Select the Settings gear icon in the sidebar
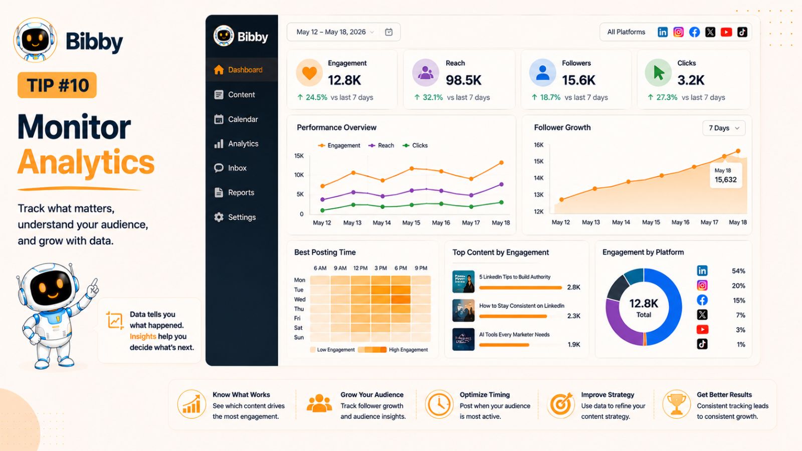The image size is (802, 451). (219, 217)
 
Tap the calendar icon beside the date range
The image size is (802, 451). (388, 32)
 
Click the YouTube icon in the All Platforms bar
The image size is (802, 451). (726, 32)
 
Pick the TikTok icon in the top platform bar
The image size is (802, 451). (742, 32)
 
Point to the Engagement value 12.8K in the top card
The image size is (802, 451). (344, 80)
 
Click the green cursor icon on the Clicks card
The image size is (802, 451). (659, 73)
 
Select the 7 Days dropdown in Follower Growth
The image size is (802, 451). (724, 128)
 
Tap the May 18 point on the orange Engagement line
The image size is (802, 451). (502, 162)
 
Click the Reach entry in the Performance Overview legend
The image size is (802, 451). (381, 146)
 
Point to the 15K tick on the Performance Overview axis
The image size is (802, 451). (299, 156)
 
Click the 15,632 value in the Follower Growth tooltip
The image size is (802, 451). (726, 180)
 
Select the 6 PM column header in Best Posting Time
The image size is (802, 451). (400, 268)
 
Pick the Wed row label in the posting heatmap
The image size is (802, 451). (300, 300)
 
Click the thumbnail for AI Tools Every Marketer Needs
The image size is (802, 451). (463, 339)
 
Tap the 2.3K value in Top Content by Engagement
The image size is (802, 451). (573, 316)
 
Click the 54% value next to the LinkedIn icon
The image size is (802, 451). (738, 271)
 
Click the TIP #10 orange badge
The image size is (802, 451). (57, 85)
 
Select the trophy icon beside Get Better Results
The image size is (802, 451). (676, 404)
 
